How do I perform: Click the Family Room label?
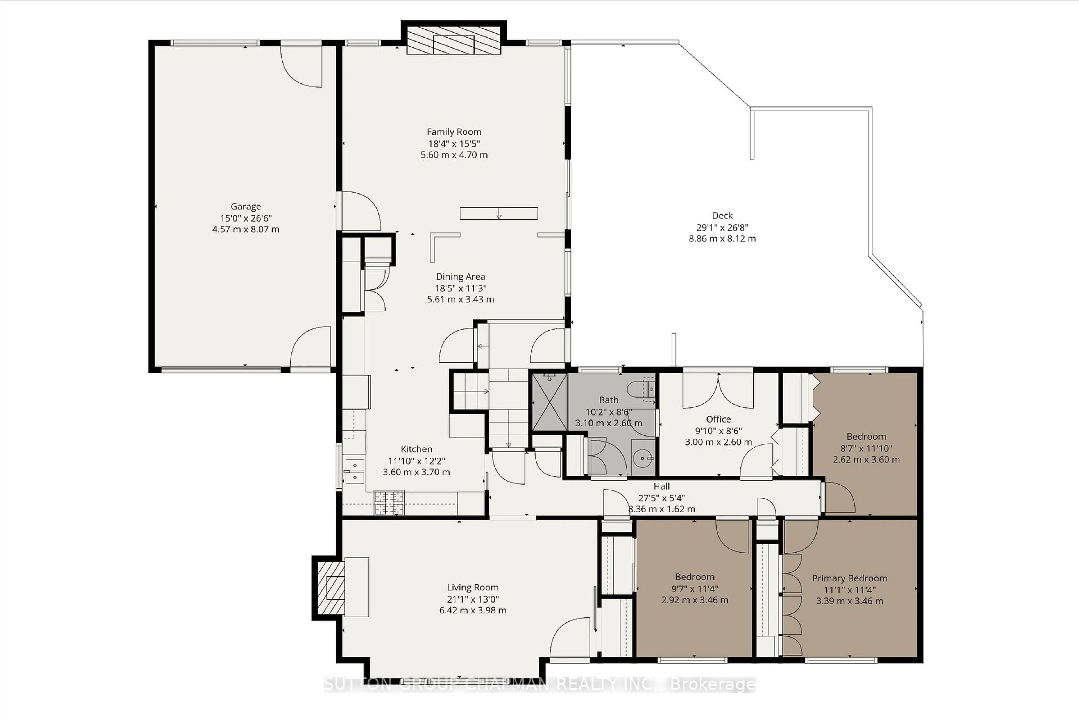tap(454, 132)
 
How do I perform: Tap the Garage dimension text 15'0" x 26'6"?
tap(245, 218)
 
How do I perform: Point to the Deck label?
tap(722, 215)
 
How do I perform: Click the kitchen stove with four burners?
tap(389, 502)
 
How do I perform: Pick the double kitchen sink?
tap(354, 471)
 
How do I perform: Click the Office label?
tap(718, 419)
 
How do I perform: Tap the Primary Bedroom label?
tap(849, 578)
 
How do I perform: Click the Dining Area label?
tap(460, 276)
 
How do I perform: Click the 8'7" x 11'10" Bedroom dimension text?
tap(866, 448)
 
